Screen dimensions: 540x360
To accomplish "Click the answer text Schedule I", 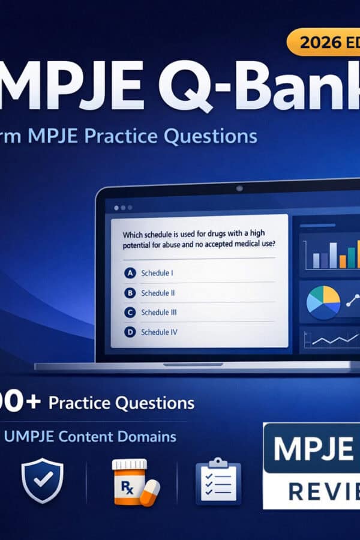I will pyautogui.click(x=157, y=274).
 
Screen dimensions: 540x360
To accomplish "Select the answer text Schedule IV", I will pyautogui.click(x=159, y=332).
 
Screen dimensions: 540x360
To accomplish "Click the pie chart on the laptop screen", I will pyautogui.click(x=323, y=302).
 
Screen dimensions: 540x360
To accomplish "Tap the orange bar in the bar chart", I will pyautogui.click(x=343, y=261).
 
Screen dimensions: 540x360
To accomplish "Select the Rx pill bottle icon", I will pyautogui.click(x=130, y=479).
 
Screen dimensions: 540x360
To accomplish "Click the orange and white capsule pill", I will pyautogui.click(x=149, y=493).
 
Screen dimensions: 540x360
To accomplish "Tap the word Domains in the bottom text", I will pyautogui.click(x=149, y=436).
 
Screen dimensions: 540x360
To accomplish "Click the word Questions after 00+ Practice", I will pyautogui.click(x=160, y=403).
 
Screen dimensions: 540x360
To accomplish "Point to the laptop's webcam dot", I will pyautogui.click(x=239, y=188).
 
